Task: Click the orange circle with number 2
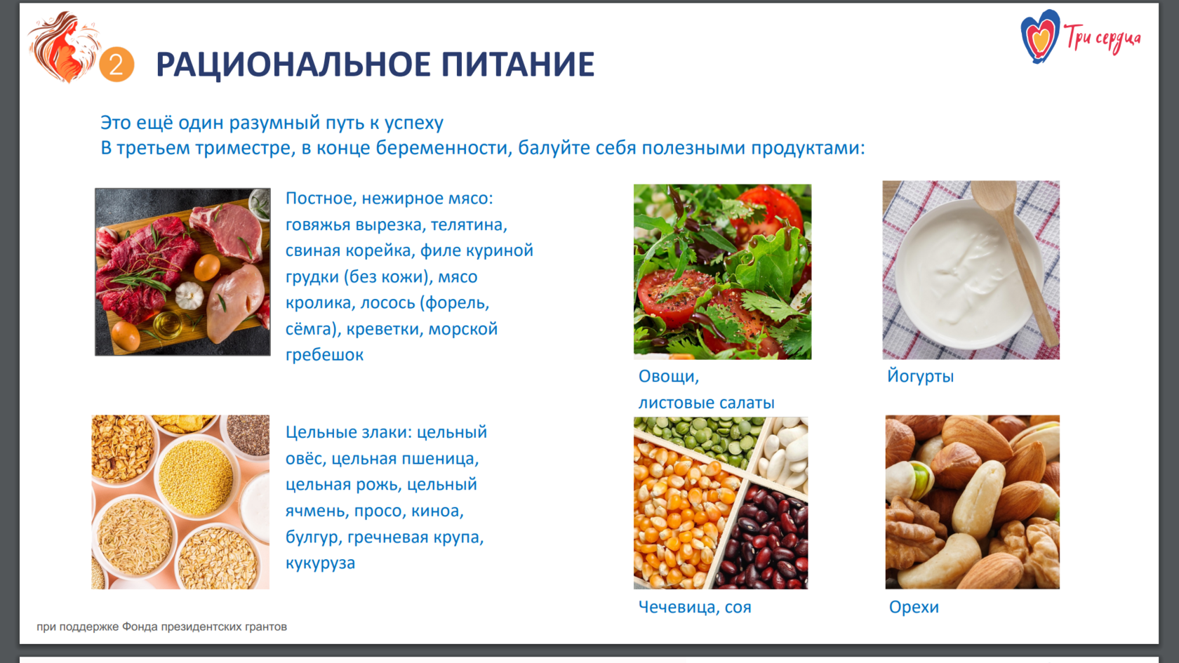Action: (x=116, y=65)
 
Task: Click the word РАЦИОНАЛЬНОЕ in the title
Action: (x=293, y=65)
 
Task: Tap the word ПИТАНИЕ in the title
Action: (x=518, y=65)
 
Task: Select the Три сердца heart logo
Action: (x=1040, y=36)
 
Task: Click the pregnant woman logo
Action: (x=65, y=48)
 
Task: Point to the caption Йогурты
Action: (x=921, y=376)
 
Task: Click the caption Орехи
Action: (x=914, y=608)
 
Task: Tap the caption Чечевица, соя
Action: (x=695, y=608)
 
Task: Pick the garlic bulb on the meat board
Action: (x=189, y=295)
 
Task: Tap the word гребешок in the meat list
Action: (x=324, y=355)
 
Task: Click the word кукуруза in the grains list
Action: (x=320, y=563)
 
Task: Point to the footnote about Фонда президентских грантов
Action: (x=161, y=627)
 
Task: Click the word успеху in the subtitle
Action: (x=414, y=123)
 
